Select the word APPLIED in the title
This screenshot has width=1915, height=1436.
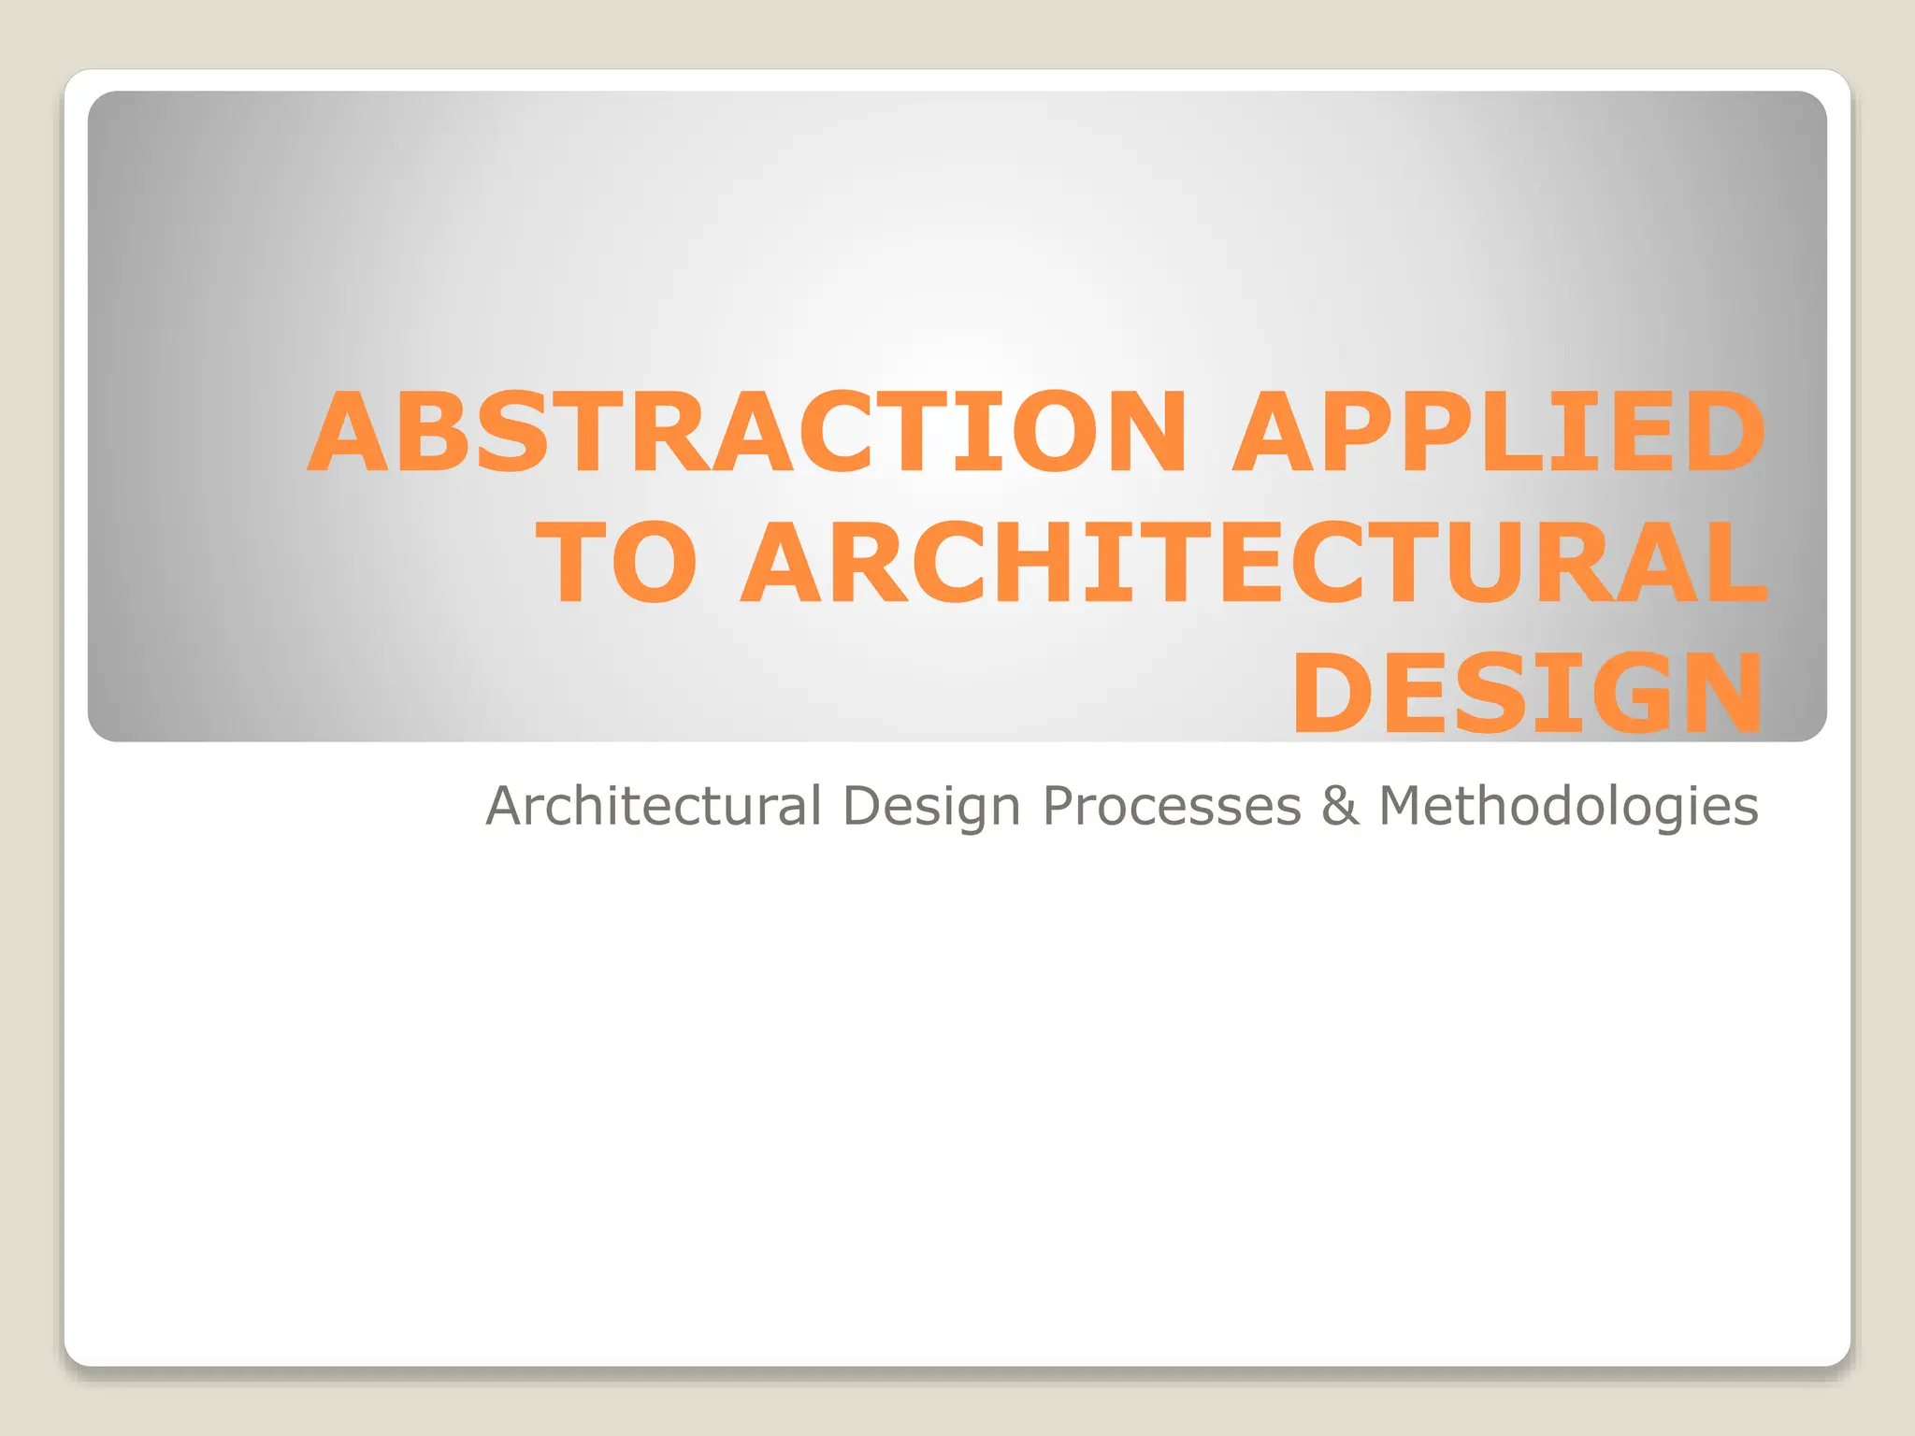pyautogui.click(x=1499, y=433)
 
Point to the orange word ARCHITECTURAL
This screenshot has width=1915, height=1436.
pyautogui.click(x=1253, y=564)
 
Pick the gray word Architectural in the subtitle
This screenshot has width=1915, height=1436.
pyautogui.click(x=654, y=805)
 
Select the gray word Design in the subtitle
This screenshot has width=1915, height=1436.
pyautogui.click(x=931, y=807)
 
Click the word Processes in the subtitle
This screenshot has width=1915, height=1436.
pyautogui.click(x=1172, y=806)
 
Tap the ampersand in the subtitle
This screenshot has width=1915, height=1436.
pyautogui.click(x=1340, y=806)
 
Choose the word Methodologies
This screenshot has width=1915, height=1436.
pyautogui.click(x=1568, y=807)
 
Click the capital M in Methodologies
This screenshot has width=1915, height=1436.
pyautogui.click(x=1404, y=805)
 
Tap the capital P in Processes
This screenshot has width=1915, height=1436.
pyautogui.click(x=1059, y=805)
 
